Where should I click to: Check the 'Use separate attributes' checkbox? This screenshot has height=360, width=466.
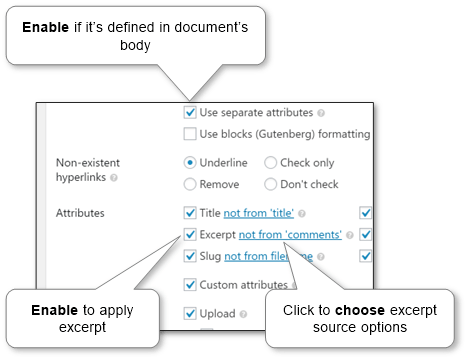[190, 113]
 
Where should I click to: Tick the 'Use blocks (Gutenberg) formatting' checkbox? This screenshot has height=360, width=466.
[190, 133]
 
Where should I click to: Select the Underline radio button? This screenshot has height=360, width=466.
[190, 162]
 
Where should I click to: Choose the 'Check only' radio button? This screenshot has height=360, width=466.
[271, 162]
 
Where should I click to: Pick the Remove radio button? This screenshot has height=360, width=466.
[190, 184]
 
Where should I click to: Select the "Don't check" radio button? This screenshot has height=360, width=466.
[271, 184]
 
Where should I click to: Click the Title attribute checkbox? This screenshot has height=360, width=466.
[190, 213]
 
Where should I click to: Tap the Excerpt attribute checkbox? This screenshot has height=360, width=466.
[190, 235]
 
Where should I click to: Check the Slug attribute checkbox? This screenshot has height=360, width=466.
[190, 257]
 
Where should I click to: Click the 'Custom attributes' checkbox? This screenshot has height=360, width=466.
[190, 285]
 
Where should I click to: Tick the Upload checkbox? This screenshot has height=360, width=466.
[190, 314]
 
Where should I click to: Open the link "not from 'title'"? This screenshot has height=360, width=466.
[260, 213]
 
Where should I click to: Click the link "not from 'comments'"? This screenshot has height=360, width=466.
[290, 235]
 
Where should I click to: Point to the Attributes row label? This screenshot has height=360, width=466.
[81, 213]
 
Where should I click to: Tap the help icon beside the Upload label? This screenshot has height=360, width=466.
[242, 314]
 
